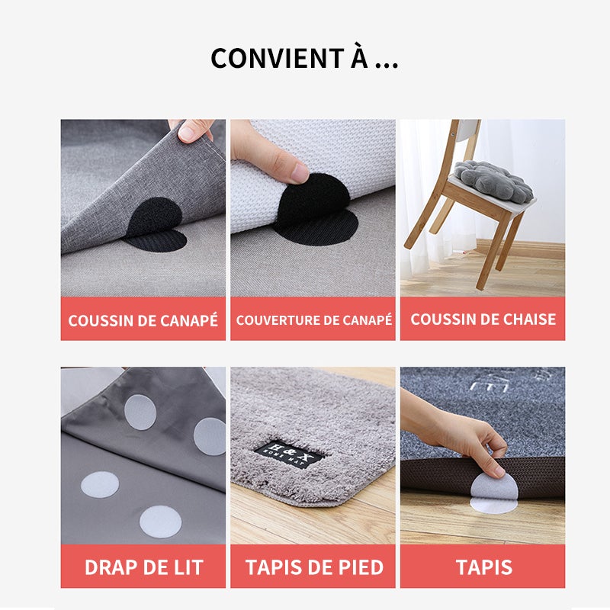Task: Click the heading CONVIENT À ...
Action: tap(304, 59)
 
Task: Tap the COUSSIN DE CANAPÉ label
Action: tap(143, 320)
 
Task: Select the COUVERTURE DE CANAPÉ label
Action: tap(313, 320)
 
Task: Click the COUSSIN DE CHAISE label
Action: tap(483, 319)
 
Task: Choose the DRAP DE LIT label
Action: tap(143, 567)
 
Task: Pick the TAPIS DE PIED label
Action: tap(313, 567)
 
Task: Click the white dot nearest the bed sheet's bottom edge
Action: tap(159, 522)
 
